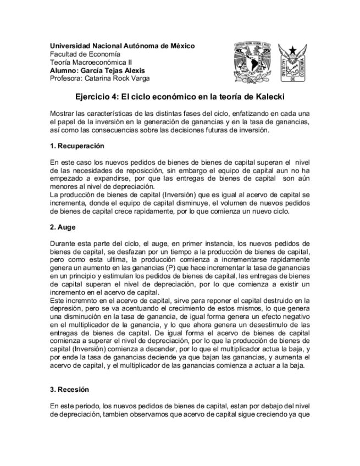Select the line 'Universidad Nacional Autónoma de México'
click(x=122, y=46)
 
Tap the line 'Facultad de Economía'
click(x=83, y=54)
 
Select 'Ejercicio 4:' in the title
click(x=97, y=97)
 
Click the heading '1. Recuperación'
click(x=77, y=147)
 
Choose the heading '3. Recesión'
click(x=69, y=390)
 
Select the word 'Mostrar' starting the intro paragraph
click(x=62, y=113)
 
